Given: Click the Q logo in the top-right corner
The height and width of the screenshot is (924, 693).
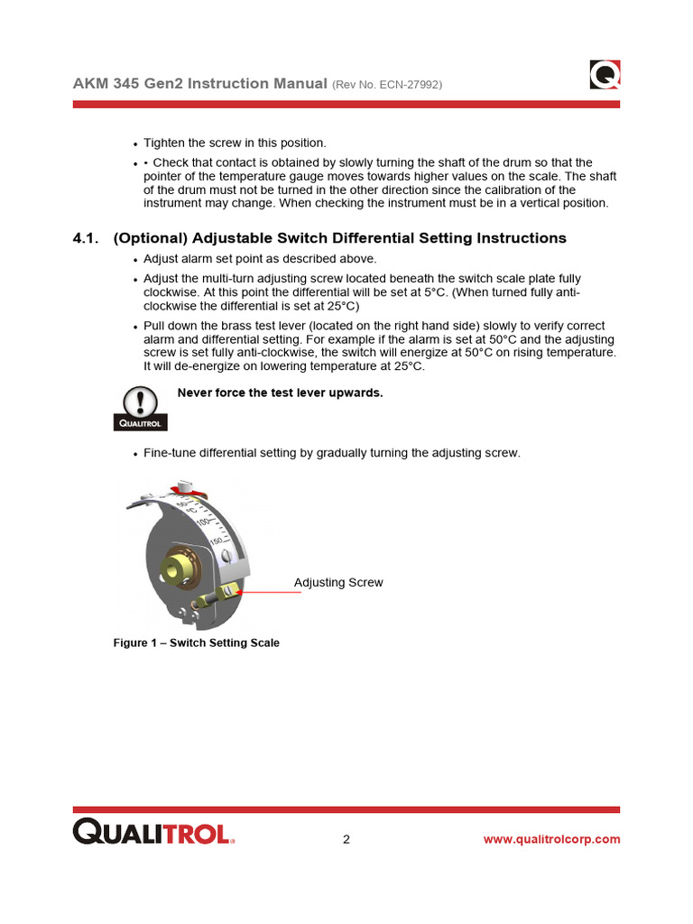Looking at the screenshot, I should tap(605, 74).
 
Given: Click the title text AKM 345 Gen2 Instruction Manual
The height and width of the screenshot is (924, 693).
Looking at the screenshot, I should tap(199, 83).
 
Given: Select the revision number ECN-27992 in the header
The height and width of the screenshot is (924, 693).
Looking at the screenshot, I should tap(402, 85).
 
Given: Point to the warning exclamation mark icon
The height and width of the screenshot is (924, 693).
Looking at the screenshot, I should tap(140, 402).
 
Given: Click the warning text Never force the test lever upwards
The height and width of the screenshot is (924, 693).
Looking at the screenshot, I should tap(281, 393).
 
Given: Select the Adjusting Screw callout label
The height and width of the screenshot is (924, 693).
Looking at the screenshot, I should tap(338, 583).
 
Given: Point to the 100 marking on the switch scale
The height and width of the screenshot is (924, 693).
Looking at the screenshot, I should tap(204, 523).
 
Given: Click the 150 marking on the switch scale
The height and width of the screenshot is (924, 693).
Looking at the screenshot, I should tap(217, 541).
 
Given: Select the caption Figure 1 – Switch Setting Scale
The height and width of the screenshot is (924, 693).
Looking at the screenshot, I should tap(196, 643).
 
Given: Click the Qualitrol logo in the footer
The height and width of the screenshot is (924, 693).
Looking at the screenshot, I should tap(153, 832).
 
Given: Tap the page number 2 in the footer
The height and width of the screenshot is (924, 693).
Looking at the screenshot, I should tap(346, 839).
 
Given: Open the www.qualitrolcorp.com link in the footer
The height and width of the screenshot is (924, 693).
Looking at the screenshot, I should tap(551, 839).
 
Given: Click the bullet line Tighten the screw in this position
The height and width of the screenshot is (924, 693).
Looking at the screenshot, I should tap(235, 143).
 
